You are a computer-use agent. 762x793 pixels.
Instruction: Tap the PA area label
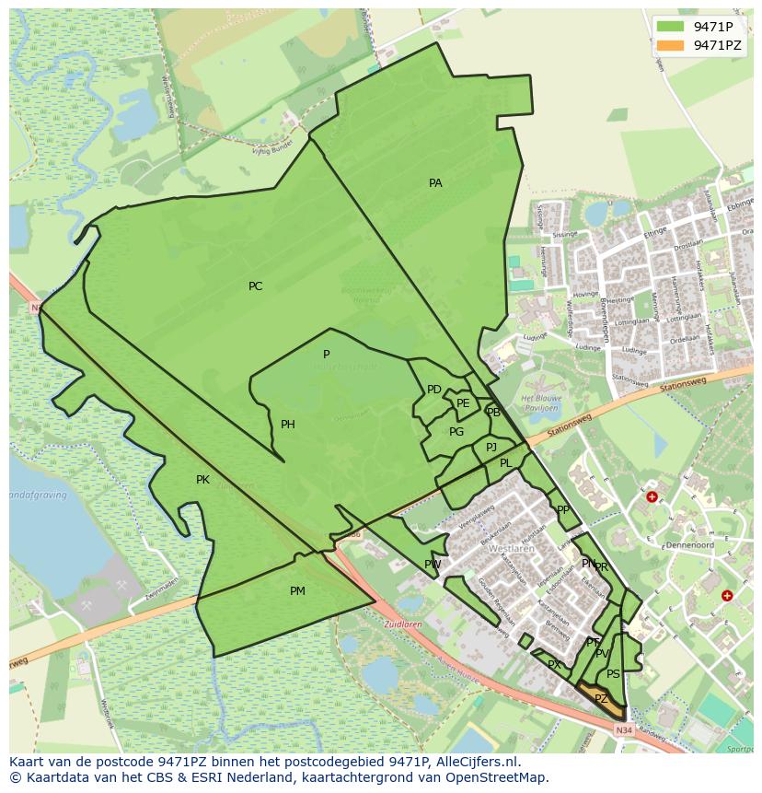click(x=435, y=183)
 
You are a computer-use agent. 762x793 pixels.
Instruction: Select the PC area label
click(x=256, y=286)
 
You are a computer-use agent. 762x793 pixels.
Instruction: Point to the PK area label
click(x=202, y=480)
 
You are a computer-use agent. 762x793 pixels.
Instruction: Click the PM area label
click(x=297, y=591)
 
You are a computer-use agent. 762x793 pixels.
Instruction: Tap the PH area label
click(x=288, y=425)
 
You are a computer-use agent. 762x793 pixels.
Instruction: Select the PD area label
click(x=434, y=390)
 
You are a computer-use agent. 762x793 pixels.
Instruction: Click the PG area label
click(x=456, y=432)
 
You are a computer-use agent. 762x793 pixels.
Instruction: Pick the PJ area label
click(x=491, y=447)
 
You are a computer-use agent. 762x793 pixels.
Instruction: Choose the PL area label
click(x=506, y=463)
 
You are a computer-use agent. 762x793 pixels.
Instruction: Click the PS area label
click(x=613, y=674)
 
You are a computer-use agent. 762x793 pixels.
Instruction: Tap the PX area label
click(x=554, y=665)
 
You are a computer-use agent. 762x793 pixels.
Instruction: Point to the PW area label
click(x=433, y=565)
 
